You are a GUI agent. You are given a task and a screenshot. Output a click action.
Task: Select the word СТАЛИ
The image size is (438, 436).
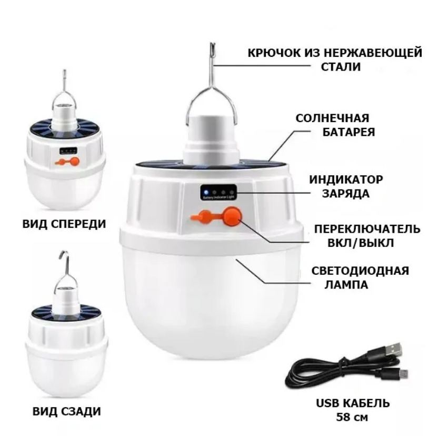point(341,67)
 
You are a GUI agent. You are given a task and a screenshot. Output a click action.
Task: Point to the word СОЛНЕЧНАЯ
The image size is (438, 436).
point(332,118)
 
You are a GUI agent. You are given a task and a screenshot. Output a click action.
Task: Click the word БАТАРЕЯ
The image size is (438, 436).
point(349,132)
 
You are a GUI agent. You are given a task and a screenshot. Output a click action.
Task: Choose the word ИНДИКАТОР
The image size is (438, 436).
point(346,180)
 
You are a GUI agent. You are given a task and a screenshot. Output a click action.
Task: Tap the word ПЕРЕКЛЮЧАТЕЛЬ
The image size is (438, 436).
point(367,229)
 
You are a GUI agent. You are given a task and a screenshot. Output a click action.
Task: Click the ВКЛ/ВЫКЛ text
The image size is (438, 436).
point(361,243)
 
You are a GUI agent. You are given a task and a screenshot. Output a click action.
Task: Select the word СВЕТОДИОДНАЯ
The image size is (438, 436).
point(360,271)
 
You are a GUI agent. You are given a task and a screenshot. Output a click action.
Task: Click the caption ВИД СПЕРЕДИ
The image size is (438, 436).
point(64,224)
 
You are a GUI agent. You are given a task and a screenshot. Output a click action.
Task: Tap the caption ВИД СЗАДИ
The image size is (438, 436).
point(66,411)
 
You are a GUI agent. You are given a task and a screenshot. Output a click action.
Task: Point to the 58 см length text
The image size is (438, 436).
point(352,417)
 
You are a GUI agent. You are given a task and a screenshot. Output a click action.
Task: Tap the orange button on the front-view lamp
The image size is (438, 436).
point(74,162)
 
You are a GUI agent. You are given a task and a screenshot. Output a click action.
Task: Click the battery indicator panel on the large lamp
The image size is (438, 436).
point(218,192)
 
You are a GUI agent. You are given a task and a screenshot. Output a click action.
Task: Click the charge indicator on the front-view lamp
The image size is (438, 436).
point(68,151)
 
